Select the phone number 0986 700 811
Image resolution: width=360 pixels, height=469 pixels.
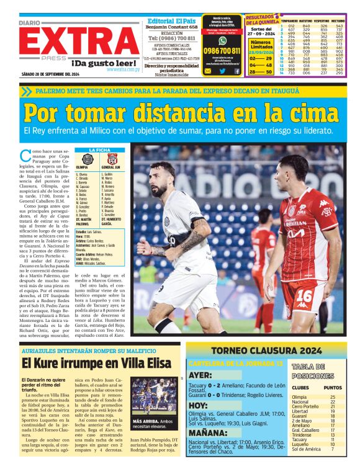coord(222,51)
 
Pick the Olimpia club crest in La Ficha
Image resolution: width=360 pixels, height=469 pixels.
coord(86,159)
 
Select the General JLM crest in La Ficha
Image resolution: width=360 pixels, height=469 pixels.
coord(112,159)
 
